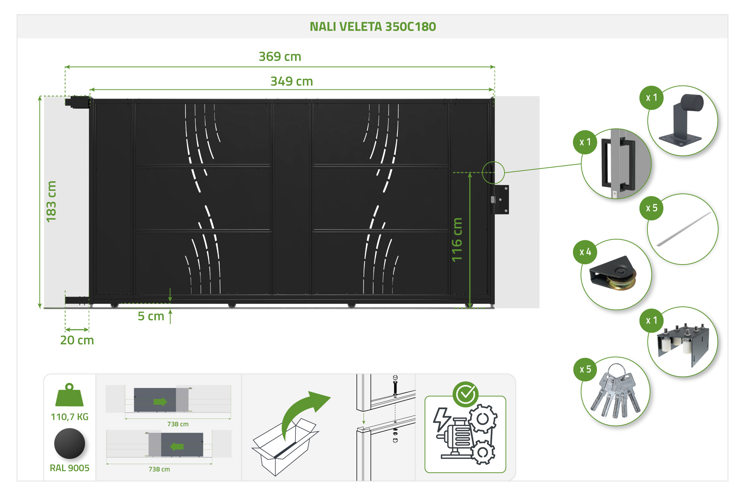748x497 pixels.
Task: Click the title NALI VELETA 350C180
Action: (373, 27)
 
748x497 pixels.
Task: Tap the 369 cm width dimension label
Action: (280, 56)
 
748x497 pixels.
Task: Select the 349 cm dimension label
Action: (291, 81)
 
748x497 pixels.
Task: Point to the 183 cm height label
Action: (51, 201)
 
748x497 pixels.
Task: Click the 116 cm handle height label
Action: (457, 240)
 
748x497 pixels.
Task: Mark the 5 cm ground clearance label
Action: (151, 316)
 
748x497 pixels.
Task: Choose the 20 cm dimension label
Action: (77, 340)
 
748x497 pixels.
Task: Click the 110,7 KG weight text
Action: (70, 417)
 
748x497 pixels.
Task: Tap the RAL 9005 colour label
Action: (70, 468)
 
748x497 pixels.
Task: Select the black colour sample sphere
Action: (70, 444)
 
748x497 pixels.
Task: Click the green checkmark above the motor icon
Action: (466, 394)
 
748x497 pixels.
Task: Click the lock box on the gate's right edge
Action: (501, 200)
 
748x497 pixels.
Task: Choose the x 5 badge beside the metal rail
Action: (652, 208)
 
